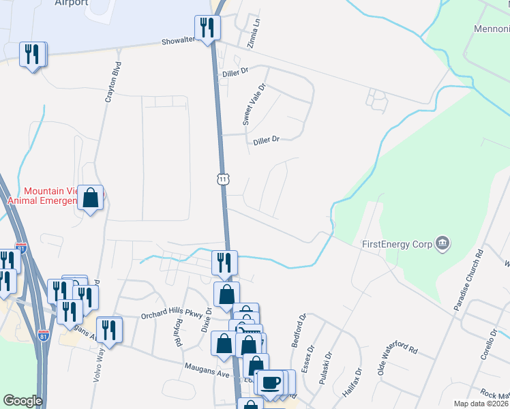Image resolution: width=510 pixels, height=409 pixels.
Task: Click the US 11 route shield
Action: coord(222,179)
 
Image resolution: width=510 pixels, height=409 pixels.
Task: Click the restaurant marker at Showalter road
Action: coord(207,28)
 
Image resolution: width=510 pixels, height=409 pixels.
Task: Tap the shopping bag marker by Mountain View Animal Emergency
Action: coord(90,198)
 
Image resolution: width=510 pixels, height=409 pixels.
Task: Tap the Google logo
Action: coord(22,401)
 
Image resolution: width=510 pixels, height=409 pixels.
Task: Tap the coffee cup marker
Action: coord(270,382)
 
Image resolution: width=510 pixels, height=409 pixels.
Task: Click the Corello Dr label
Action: coord(489,345)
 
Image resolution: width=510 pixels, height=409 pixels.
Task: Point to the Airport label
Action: coord(72,3)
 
